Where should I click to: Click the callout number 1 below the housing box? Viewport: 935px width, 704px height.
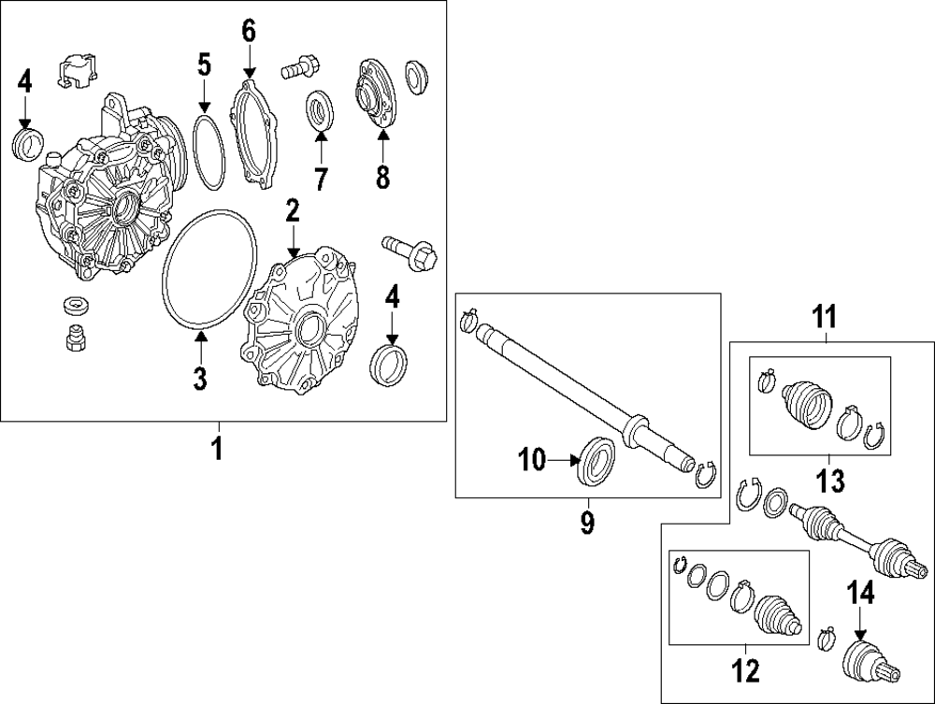(216, 449)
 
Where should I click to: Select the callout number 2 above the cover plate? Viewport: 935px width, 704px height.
(293, 211)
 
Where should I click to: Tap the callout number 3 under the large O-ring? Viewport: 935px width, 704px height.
(200, 378)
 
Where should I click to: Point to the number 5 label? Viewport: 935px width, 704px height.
(204, 65)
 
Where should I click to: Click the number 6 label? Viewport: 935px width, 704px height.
(249, 30)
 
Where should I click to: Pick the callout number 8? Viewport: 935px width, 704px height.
(381, 177)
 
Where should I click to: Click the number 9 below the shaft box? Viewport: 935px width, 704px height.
(587, 522)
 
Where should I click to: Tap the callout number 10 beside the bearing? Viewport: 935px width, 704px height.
(531, 459)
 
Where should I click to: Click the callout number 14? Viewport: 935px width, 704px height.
(860, 594)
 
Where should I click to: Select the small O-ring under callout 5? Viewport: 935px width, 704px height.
(209, 149)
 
